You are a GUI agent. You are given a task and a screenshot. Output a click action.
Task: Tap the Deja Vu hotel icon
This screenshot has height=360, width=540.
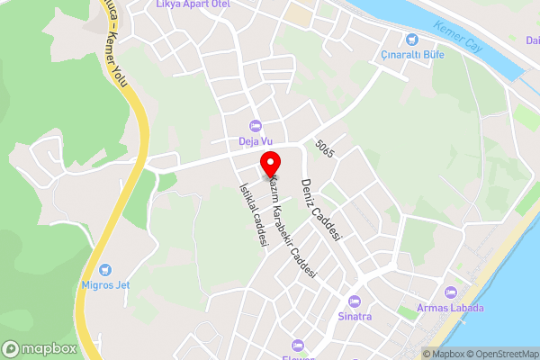pos(255,125)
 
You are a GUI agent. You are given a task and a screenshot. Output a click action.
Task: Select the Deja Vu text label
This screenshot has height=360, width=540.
pos(255,140)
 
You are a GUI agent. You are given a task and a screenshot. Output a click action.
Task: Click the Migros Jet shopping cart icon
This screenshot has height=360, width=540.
pos(104,269)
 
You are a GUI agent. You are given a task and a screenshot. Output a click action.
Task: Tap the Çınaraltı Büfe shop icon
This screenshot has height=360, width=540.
pos(412,39)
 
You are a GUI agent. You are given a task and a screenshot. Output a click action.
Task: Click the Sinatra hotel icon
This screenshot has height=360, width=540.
pos(354,301)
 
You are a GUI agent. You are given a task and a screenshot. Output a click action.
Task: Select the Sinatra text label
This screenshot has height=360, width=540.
pos(354,316)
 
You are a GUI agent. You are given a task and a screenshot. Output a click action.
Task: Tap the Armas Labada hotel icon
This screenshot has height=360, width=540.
pos(451,292)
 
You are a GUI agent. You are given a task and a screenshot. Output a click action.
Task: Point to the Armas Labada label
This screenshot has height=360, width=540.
pos(451,309)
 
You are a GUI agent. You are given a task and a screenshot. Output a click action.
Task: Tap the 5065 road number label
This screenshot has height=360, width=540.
pos(325,149)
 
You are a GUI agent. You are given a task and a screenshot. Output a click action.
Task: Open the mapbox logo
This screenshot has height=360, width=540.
pos(40,348)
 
